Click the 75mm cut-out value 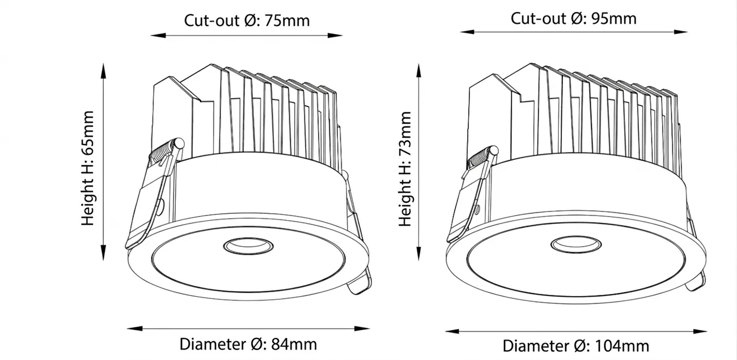pyautogui.click(x=287, y=21)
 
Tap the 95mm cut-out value pyautogui.click(x=613, y=19)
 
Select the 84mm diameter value pyautogui.click(x=294, y=344)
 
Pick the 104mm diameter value pyautogui.click(x=622, y=346)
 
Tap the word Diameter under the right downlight pyautogui.click(x=536, y=346)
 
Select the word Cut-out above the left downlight pyautogui.click(x=211, y=21)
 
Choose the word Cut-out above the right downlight pyautogui.click(x=538, y=19)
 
